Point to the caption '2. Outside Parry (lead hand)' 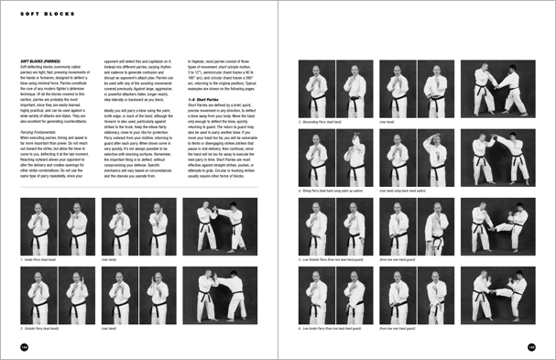[42, 326]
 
